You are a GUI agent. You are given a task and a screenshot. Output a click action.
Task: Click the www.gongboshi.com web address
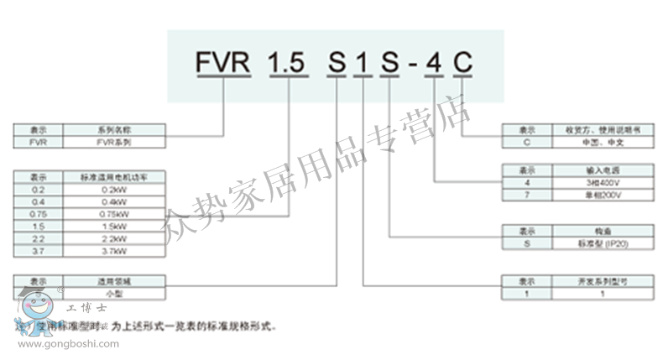pyautogui.click(x=69, y=343)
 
